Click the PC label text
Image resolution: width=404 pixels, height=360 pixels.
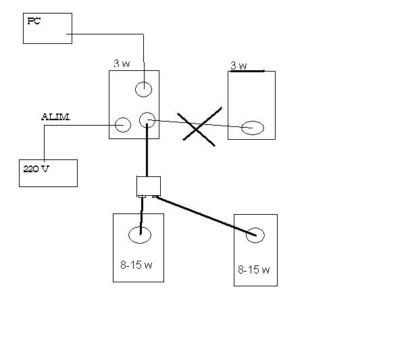(x=34, y=21)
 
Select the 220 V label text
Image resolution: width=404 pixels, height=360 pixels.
(x=36, y=169)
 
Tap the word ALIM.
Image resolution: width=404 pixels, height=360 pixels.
(x=55, y=117)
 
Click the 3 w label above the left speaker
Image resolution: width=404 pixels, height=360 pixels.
(x=122, y=63)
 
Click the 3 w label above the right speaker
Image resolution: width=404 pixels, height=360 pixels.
(x=238, y=66)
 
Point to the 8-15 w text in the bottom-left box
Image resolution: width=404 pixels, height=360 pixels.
(x=136, y=265)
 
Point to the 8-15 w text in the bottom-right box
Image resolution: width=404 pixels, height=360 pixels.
(x=254, y=269)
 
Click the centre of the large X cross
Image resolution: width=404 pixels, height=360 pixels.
(x=197, y=128)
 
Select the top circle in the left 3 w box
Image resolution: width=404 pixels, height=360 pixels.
(x=143, y=82)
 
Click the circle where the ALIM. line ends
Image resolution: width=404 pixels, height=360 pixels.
(x=123, y=118)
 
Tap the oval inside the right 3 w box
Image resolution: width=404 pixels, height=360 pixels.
(x=253, y=122)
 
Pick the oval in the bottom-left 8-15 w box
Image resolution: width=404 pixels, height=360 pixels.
(x=140, y=227)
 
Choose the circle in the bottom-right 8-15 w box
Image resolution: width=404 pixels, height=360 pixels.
(x=255, y=228)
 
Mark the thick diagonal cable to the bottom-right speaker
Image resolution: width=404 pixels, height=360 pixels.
(x=206, y=216)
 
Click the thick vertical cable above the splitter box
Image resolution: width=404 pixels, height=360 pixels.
(x=147, y=150)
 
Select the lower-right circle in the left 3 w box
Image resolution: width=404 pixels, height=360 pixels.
(x=147, y=113)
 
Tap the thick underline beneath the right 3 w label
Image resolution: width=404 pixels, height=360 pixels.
(x=247, y=71)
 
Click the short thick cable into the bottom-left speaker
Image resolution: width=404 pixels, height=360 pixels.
(x=141, y=215)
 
